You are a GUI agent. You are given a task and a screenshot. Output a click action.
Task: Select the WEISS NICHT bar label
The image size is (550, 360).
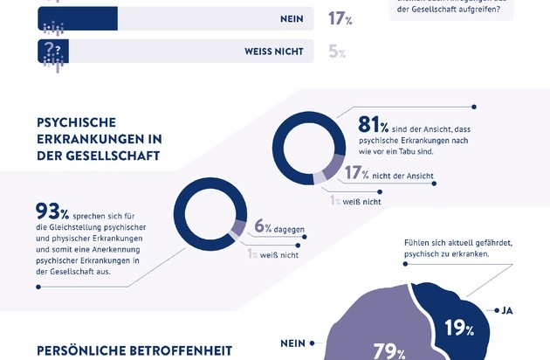[x=272, y=52]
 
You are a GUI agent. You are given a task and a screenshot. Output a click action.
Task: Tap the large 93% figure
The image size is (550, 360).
[x=52, y=211]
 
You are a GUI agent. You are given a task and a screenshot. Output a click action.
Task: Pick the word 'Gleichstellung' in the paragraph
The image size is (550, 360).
[x=76, y=229]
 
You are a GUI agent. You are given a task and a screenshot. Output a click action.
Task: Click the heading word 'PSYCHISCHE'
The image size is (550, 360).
[x=78, y=122]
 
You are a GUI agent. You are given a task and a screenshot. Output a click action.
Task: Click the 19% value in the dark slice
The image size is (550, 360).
[x=458, y=329]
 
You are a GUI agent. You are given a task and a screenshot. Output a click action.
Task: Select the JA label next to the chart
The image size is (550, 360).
[x=509, y=309]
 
